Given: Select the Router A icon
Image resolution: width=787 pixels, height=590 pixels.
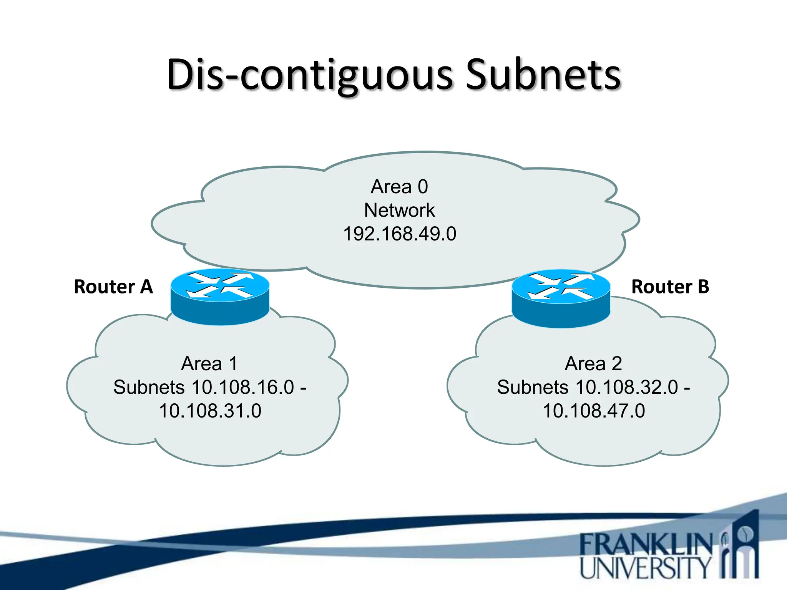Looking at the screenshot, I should (220, 297).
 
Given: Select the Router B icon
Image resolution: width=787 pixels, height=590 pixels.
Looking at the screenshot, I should (561, 298).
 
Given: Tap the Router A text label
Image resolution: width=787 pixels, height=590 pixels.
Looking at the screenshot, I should (113, 287).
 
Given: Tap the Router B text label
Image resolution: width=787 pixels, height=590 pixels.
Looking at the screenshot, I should (670, 287).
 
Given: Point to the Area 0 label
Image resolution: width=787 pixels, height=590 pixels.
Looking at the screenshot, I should (399, 187).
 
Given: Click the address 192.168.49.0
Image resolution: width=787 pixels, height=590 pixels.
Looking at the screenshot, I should (399, 234).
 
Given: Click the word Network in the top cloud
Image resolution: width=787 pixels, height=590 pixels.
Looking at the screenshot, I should (399, 210).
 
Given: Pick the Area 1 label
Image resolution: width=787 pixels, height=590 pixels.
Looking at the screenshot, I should (209, 363).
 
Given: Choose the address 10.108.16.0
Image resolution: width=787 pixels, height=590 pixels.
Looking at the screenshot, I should (243, 387).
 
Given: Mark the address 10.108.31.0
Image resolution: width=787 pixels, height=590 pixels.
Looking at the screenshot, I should (210, 411).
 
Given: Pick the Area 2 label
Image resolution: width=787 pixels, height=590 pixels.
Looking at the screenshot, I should (593, 363).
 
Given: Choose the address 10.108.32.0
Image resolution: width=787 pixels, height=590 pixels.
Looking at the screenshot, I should (627, 387).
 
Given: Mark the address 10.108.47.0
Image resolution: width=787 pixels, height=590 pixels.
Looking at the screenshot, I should (594, 411).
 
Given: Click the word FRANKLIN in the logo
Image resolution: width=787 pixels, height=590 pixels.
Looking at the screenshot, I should (646, 544).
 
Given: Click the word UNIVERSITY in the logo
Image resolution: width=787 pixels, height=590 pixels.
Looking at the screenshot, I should (646, 567).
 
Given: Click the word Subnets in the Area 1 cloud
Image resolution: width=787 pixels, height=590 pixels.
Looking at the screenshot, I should (149, 387).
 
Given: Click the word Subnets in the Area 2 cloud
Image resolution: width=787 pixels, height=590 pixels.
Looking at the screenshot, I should (532, 387).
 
